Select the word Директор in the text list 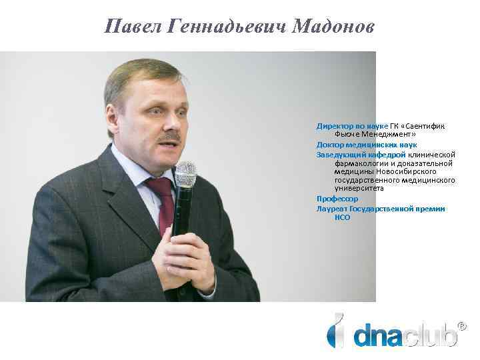click(334, 125)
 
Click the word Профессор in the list click(337, 199)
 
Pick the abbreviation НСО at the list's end click(343, 217)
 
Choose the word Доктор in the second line click(331, 144)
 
